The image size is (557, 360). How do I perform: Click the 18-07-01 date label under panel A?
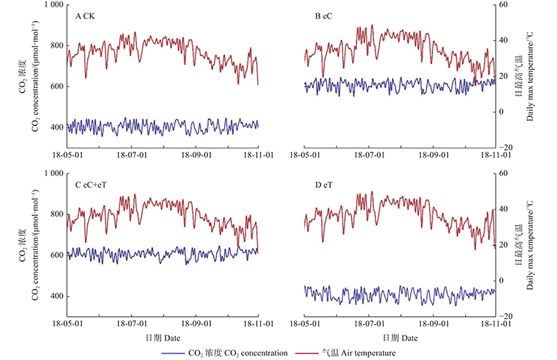coord(132,155)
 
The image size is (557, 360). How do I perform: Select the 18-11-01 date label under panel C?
coord(258,324)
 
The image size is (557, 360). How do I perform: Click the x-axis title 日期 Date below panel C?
coord(162,338)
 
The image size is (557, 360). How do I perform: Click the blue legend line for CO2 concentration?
coord(173,353)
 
